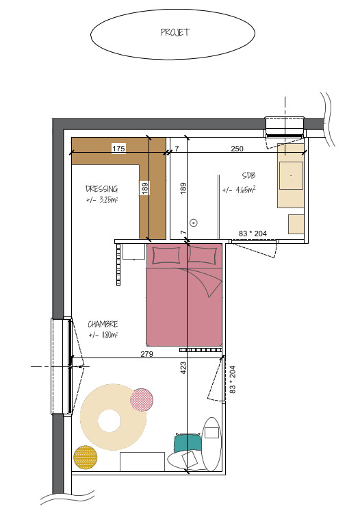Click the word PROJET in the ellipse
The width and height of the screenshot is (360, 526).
(175, 32)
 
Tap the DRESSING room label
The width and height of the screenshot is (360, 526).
(101, 189)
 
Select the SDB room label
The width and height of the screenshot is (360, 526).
(248, 175)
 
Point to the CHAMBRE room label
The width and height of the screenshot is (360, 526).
(103, 325)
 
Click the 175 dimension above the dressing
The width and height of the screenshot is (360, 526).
(118, 148)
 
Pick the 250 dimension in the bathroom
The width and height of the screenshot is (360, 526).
(237, 149)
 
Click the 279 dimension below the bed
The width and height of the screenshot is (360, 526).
(147, 354)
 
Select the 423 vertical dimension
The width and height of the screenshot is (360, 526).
(183, 368)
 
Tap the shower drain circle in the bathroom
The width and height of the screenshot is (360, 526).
(194, 223)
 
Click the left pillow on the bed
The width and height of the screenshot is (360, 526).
(166, 256)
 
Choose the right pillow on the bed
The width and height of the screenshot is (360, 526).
(203, 255)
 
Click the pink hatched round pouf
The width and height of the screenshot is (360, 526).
(142, 400)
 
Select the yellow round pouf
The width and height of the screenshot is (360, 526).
(86, 458)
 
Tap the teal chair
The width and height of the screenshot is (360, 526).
(188, 443)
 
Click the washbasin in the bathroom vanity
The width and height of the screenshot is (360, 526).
(291, 176)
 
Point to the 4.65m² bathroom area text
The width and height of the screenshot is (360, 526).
(239, 190)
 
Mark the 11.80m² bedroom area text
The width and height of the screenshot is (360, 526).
(103, 335)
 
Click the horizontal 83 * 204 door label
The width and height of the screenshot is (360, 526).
(253, 234)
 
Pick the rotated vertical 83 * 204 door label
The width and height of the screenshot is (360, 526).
(233, 379)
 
